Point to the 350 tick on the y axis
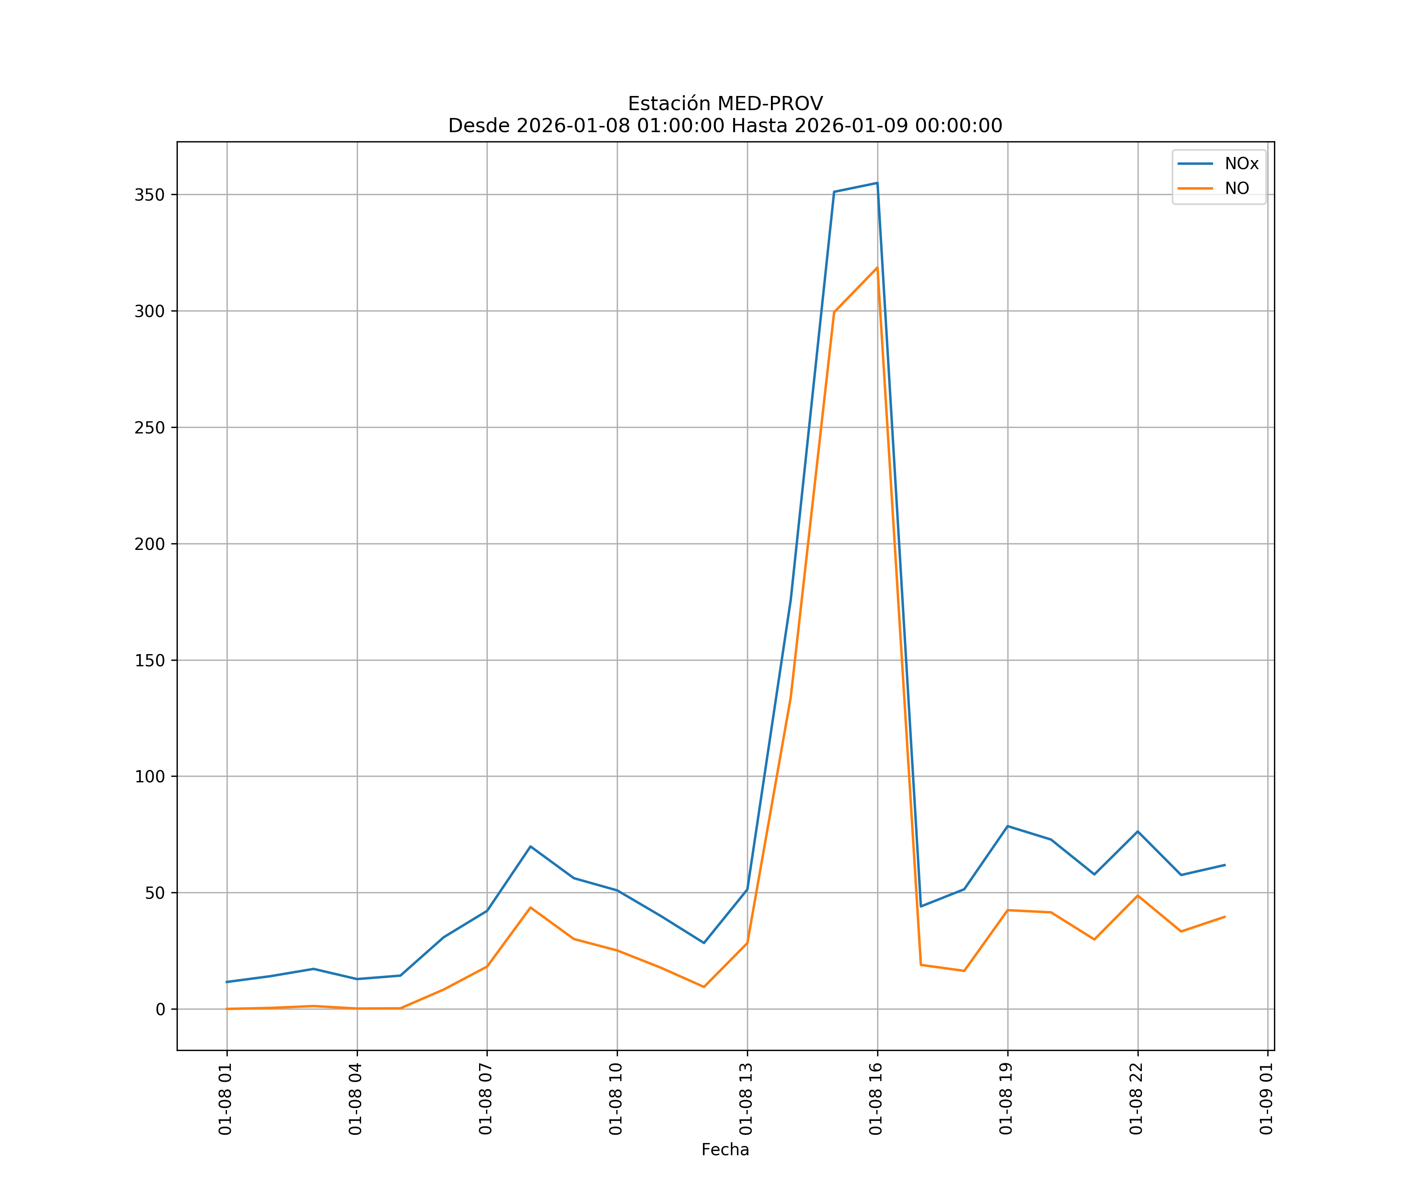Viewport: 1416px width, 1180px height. pyautogui.click(x=150, y=195)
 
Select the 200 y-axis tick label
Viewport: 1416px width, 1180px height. pyautogui.click(x=150, y=544)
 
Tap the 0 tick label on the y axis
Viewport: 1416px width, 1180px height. pyautogui.click(x=160, y=1009)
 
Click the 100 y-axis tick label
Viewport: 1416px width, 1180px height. pyautogui.click(x=150, y=777)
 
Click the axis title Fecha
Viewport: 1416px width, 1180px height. pyautogui.click(x=725, y=1150)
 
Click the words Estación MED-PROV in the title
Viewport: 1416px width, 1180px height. pyautogui.click(x=725, y=104)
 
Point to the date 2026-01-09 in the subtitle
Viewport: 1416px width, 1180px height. pyautogui.click(x=851, y=126)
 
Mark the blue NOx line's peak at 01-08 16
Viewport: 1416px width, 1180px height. pyautogui.click(x=877, y=183)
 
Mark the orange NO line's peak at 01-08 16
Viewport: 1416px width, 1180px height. pyautogui.click(x=877, y=268)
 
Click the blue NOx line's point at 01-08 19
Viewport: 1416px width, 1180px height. pyautogui.click(x=1007, y=826)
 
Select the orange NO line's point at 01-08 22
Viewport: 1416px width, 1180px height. pyautogui.click(x=1138, y=896)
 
